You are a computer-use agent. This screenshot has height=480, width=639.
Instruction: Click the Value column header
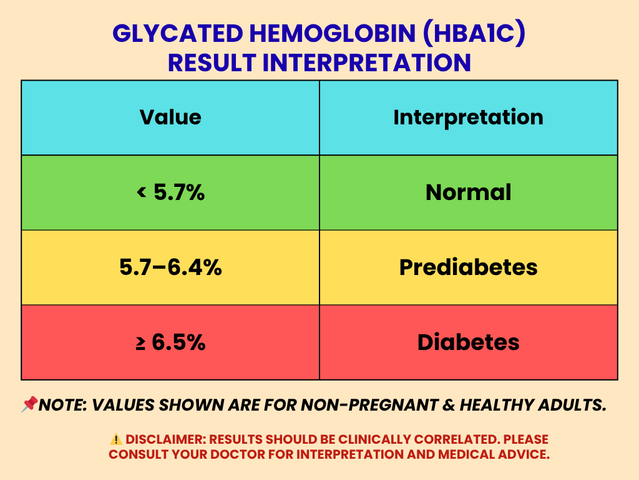pos(170,117)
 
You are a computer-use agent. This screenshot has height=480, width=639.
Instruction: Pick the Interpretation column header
pos(468,117)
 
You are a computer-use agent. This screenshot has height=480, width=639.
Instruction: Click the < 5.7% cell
pos(170,192)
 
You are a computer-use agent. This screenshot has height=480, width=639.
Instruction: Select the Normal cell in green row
pos(468,192)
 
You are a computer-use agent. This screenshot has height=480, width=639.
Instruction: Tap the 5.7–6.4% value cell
pos(170,267)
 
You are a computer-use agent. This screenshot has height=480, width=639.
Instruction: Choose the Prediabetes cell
pos(468,267)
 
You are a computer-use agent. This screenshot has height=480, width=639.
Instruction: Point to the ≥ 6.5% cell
pos(170,342)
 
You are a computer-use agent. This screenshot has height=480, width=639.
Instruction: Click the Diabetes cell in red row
pos(468,342)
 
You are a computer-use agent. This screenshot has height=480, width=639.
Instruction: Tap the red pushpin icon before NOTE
pos(29,406)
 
